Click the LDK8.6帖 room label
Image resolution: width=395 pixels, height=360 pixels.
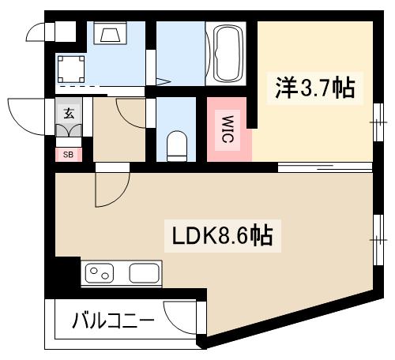point(223,235)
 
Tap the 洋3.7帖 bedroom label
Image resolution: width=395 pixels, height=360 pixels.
point(314,87)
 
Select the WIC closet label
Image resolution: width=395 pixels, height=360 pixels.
point(226,128)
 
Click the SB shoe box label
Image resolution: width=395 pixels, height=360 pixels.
point(67,154)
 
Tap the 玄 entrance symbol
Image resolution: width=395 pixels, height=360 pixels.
point(68,112)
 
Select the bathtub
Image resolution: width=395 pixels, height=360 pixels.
point(228,52)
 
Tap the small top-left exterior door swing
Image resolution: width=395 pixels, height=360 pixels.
point(38,31)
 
